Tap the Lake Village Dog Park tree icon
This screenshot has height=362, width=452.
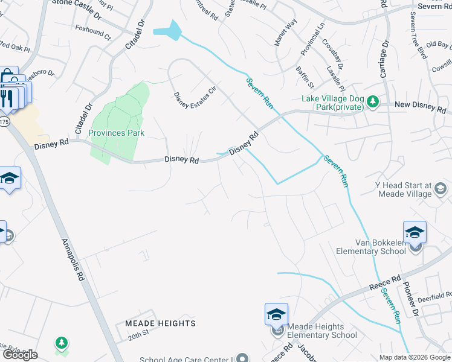coord(373,100)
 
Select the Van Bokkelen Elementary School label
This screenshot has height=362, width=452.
coord(371,247)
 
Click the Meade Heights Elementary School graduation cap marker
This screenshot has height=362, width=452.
coord(276,315)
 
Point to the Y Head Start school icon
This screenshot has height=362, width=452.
coord(442,189)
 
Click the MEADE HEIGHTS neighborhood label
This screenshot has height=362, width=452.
coord(160,323)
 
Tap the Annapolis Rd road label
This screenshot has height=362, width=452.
coord(72,260)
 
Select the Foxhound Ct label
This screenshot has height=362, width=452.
coord(93,33)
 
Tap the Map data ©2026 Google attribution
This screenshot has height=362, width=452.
coord(414,357)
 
